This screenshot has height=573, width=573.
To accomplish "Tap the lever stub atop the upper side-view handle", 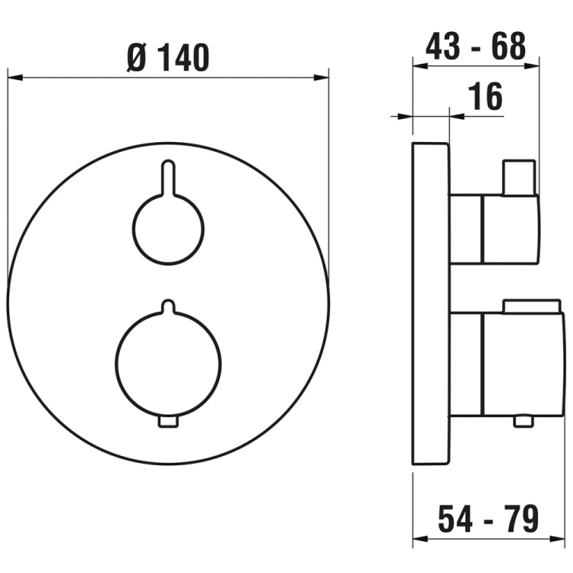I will click(x=519, y=176).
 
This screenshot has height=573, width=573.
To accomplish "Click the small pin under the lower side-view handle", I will click(x=524, y=421).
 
